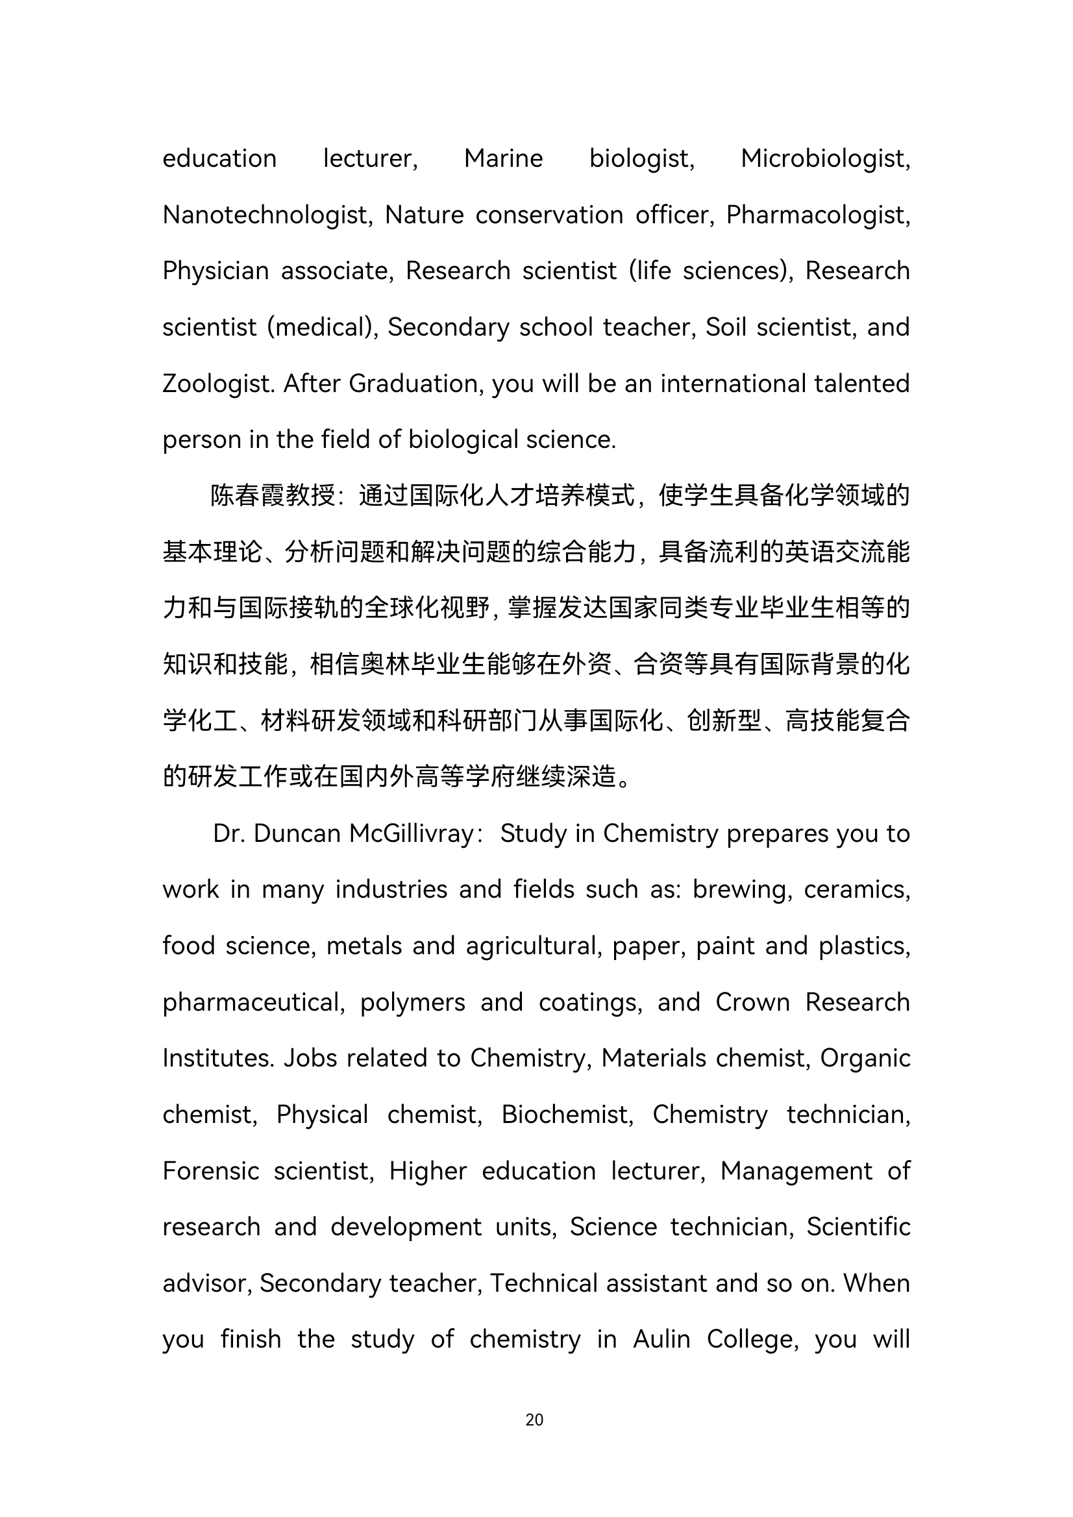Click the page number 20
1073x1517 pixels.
coord(534,1419)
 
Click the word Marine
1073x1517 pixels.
coord(504,158)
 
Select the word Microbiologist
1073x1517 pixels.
coord(825,159)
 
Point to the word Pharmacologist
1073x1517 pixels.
coord(818,216)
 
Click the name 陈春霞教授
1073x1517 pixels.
coord(273,495)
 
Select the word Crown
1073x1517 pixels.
coord(752,1002)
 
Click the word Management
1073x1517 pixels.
coord(796,1171)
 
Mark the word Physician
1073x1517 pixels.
coord(213,271)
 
